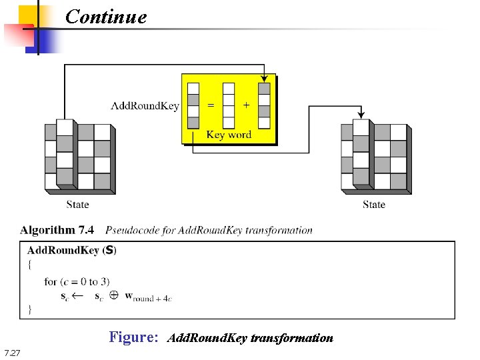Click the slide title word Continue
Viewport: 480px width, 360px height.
point(106,16)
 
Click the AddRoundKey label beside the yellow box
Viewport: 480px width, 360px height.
point(145,105)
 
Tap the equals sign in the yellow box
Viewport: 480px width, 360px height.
point(211,105)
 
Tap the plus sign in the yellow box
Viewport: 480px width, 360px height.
point(247,105)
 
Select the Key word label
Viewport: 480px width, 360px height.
point(229,135)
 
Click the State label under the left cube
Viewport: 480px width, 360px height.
point(77,204)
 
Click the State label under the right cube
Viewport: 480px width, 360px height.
point(374,204)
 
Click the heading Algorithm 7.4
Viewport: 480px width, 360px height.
point(57,231)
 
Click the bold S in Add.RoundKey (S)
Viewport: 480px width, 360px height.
point(109,251)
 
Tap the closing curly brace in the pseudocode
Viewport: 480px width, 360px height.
point(30,309)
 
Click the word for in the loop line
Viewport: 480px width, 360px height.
point(51,281)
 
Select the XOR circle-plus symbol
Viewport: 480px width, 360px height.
point(113,295)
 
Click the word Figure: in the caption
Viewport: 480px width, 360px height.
point(133,337)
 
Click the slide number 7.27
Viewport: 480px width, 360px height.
point(12,353)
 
